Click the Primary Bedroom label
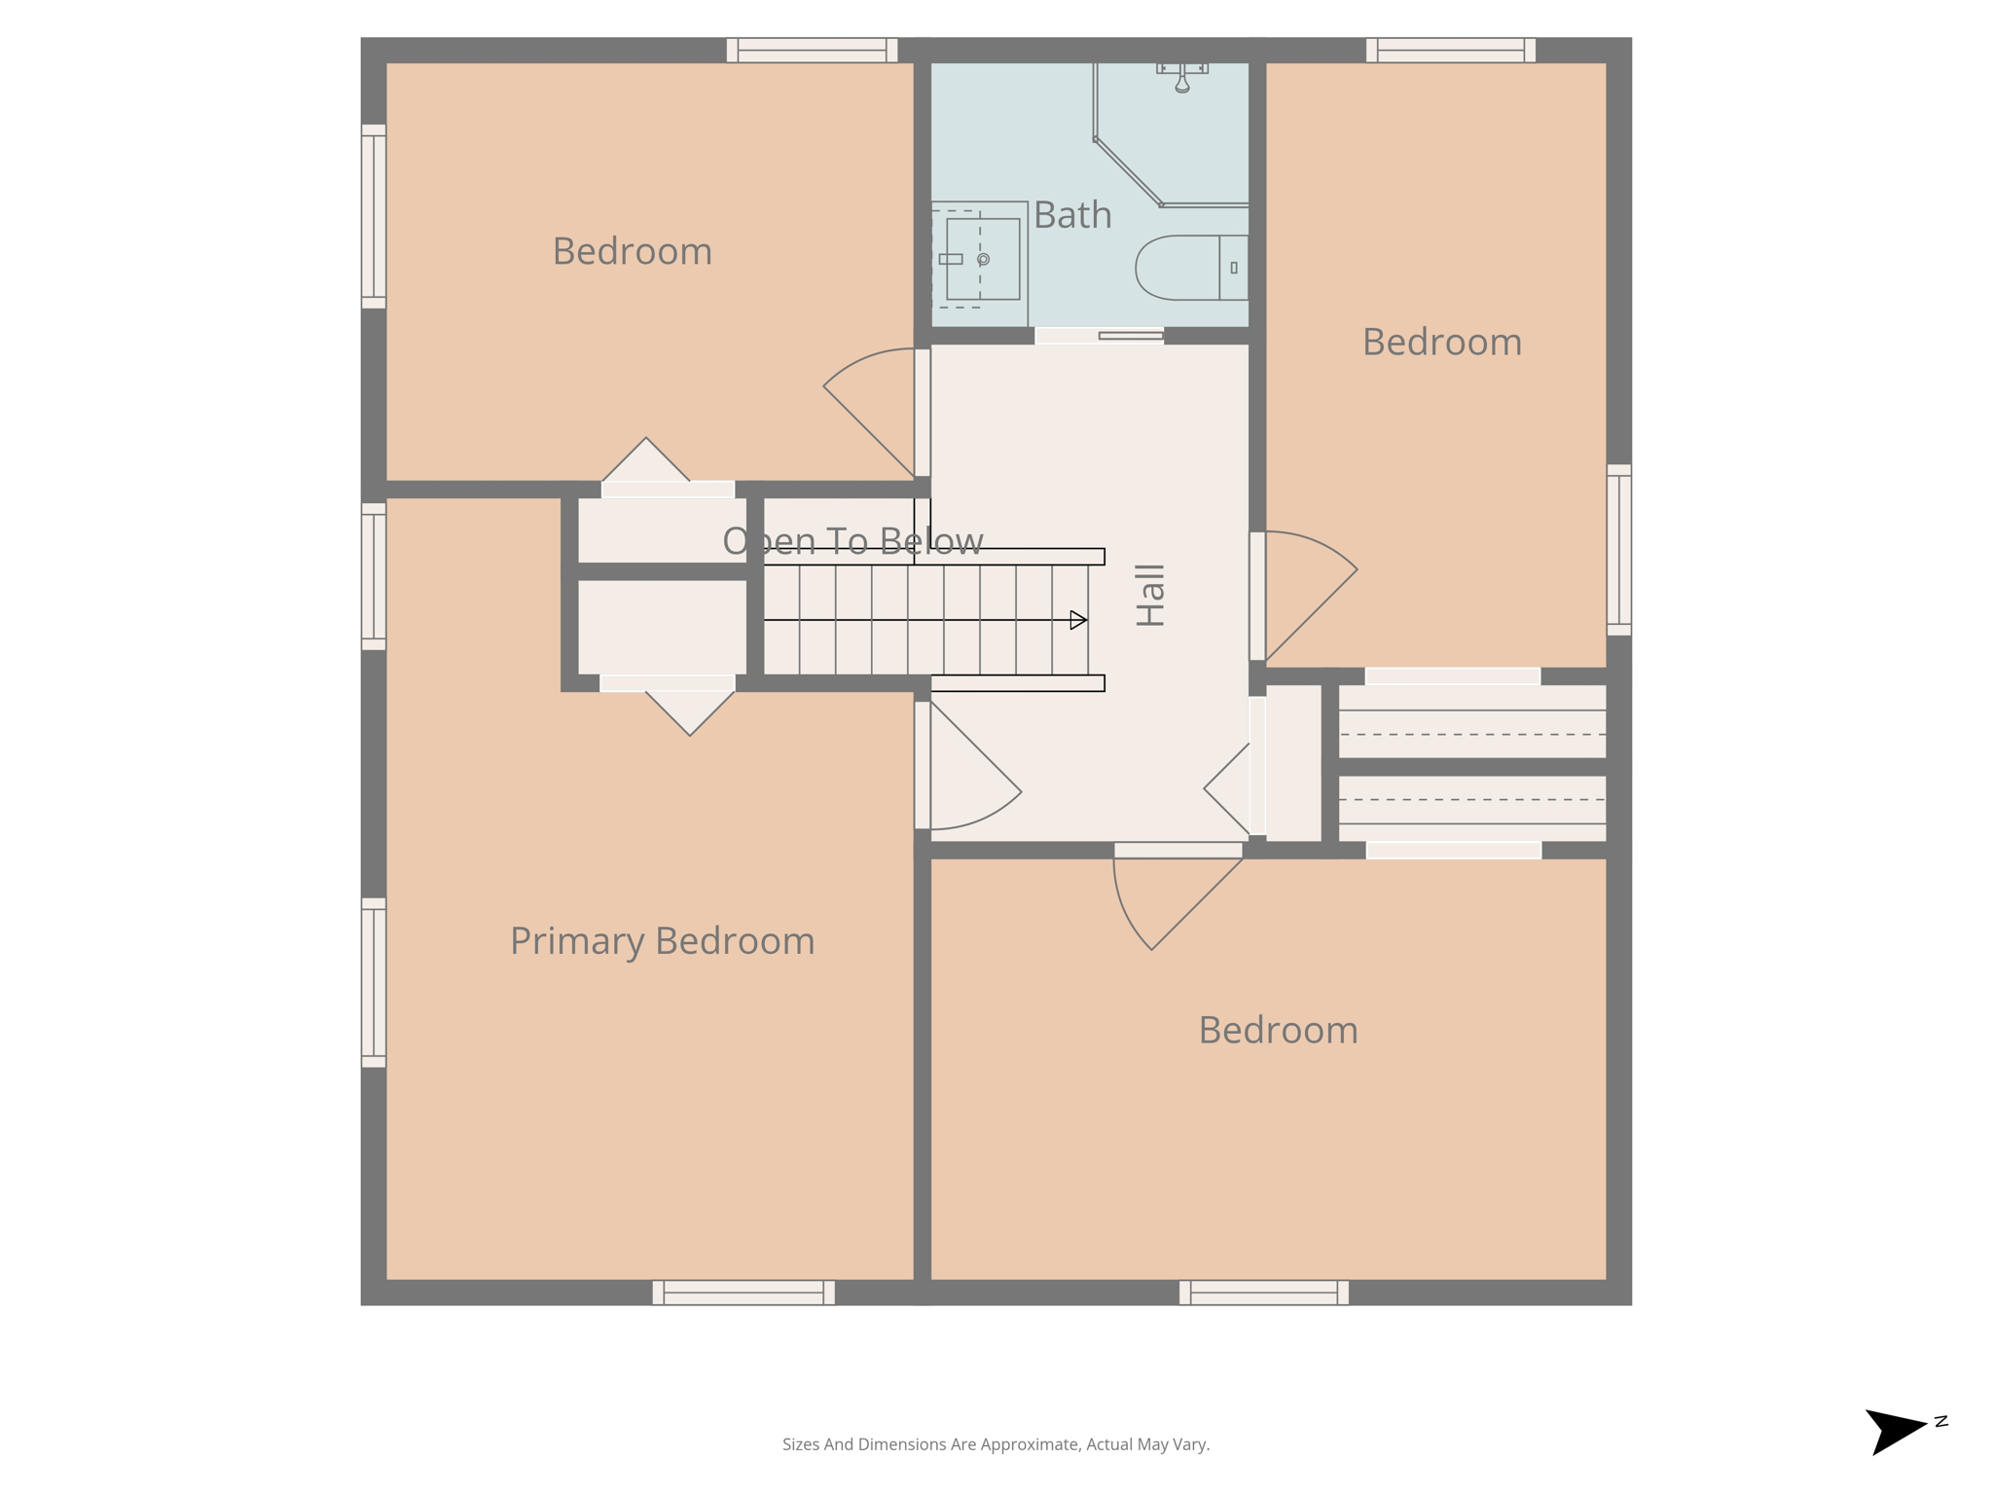[662, 941]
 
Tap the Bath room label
[1072, 215]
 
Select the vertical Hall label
[1150, 595]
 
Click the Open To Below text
[852, 541]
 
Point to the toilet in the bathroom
[1191, 268]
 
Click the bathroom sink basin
[982, 259]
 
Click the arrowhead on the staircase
[1078, 620]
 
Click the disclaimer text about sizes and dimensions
[996, 1444]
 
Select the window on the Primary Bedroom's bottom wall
[743, 1293]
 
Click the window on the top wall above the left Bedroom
[812, 50]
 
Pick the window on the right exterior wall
[1618, 550]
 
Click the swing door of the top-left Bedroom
[871, 409]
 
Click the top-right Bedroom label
[1441, 343]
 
